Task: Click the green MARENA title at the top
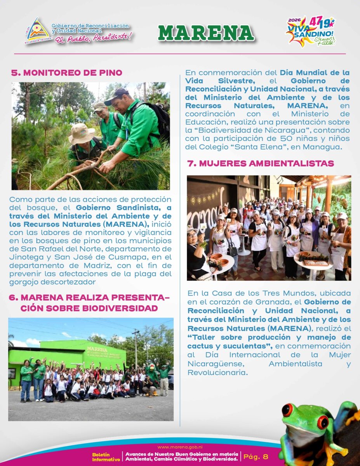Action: click(x=206, y=33)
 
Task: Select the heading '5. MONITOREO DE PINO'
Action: click(x=66, y=73)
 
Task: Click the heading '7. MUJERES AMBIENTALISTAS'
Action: click(x=261, y=163)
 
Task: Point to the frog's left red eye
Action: click(x=287, y=410)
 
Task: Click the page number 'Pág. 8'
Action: click(x=256, y=457)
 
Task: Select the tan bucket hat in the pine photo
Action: click(x=81, y=133)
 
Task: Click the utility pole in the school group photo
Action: click(x=136, y=349)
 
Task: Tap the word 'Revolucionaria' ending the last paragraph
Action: click(x=217, y=372)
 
